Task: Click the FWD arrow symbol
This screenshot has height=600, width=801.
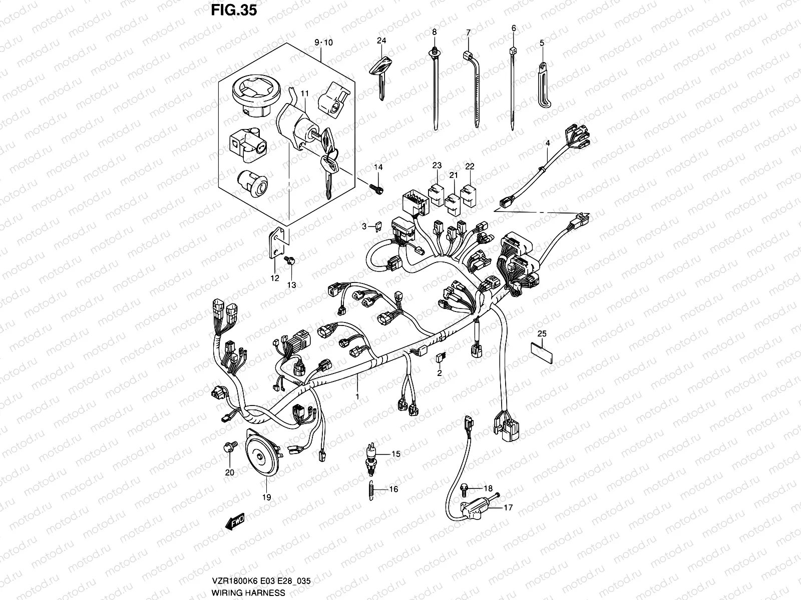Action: point(234,523)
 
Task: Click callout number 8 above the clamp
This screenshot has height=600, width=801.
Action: point(434,32)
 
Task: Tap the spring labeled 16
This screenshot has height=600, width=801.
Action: point(371,488)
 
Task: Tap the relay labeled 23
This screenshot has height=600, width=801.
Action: point(436,189)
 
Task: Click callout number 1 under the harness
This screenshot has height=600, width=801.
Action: point(357,396)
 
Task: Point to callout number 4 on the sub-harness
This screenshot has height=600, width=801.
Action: point(548,143)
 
